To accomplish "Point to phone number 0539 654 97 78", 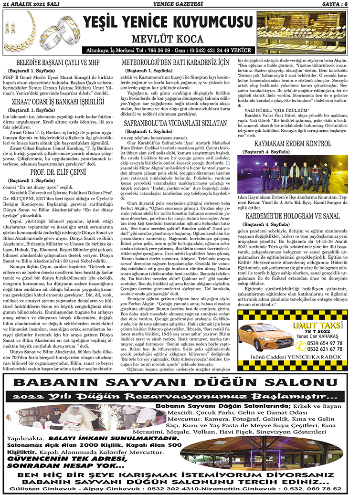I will (322, 329).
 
